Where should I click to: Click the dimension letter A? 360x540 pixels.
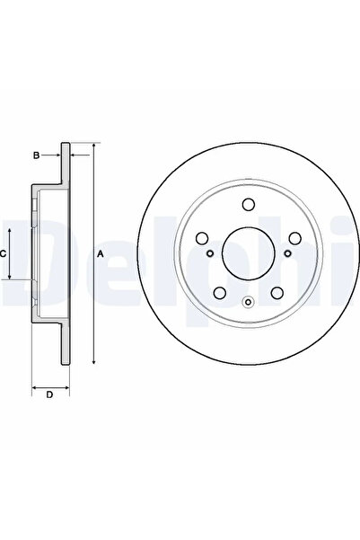pyautogui.click(x=101, y=254)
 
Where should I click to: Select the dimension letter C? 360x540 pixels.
pyautogui.click(x=4, y=254)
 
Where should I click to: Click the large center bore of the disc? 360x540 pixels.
pyautogui.click(x=247, y=253)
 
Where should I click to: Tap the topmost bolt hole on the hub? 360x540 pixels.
pyautogui.click(x=247, y=206)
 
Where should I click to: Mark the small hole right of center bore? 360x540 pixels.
pyautogui.click(x=285, y=253)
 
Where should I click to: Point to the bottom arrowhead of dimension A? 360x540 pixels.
pyautogui.click(x=92, y=361)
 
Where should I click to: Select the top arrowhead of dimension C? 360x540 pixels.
pyautogui.click(x=12, y=229)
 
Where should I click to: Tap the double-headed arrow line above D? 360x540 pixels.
pyautogui.click(x=49, y=385)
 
